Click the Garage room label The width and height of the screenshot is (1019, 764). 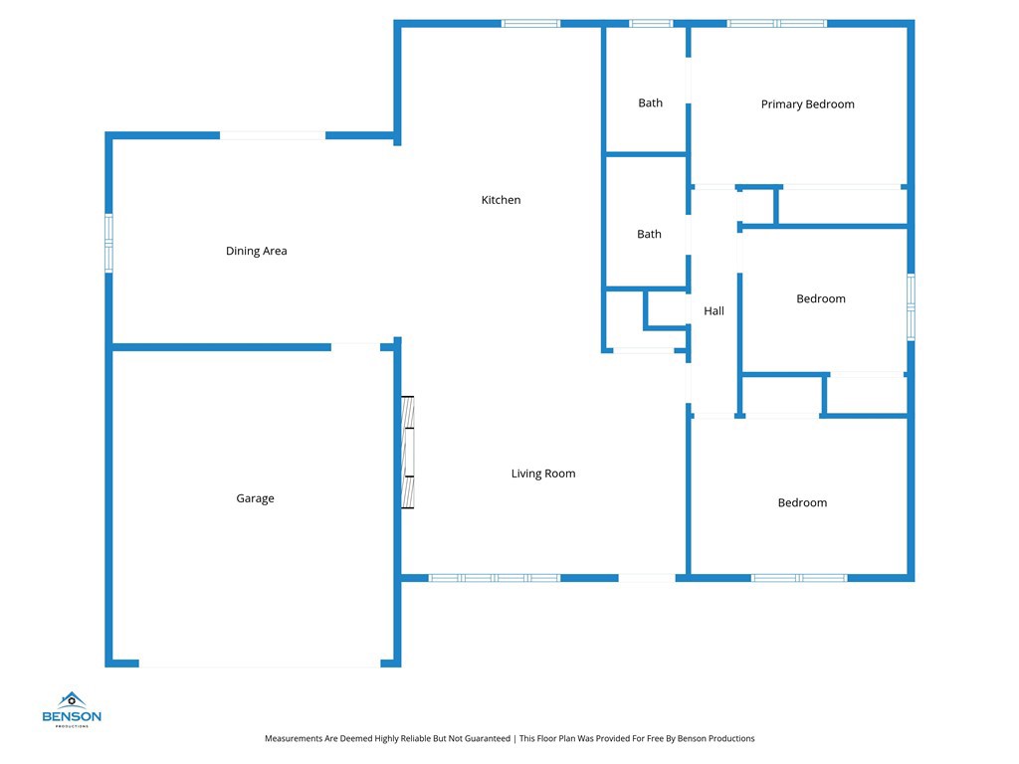[255, 498]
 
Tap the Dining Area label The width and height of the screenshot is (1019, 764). [256, 251]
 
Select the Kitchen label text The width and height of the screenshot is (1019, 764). [501, 200]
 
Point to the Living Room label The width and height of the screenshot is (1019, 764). [543, 474]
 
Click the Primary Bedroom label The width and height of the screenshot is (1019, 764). [807, 104]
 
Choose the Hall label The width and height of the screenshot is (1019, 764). [713, 311]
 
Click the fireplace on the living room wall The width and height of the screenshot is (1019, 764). [407, 453]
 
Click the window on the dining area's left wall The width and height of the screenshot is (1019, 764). [108, 243]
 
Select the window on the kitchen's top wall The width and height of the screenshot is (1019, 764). [530, 23]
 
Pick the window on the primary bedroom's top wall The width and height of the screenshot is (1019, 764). [776, 23]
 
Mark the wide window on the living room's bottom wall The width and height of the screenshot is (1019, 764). [495, 578]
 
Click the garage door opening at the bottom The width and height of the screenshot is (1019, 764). [259, 664]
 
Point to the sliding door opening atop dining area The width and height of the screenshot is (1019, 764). [272, 135]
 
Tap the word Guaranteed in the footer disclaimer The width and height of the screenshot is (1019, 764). [483, 738]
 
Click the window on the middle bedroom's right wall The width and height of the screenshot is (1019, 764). [911, 307]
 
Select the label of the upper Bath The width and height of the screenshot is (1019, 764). [650, 103]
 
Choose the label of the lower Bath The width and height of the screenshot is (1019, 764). [649, 235]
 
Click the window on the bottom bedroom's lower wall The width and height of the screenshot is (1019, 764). [798, 578]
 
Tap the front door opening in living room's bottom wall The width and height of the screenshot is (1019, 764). [647, 578]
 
